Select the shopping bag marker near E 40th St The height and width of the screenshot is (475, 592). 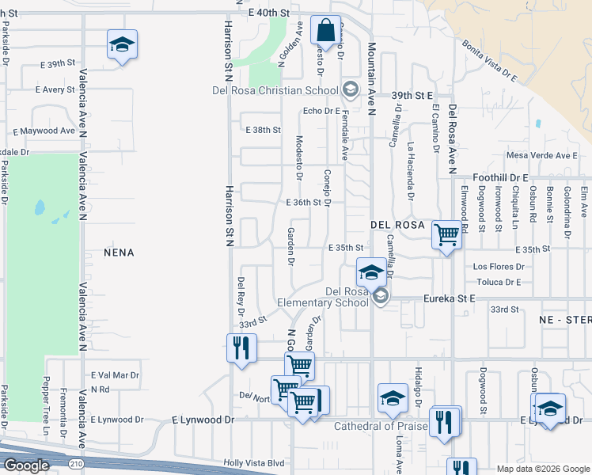(325, 32)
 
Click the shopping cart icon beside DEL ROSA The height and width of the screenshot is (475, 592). (447, 235)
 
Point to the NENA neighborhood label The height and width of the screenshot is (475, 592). (119, 253)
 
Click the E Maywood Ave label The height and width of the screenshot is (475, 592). (44, 131)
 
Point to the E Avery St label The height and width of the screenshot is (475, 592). (54, 90)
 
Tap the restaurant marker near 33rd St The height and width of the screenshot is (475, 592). (241, 348)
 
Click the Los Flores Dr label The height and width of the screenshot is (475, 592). (497, 267)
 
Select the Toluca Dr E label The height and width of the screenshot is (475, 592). (497, 282)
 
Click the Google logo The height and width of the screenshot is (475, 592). (26, 465)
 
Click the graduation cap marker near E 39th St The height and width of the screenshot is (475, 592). (122, 44)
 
